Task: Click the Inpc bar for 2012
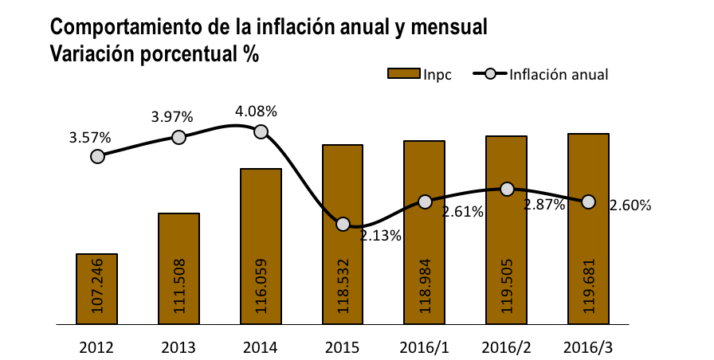tap(96, 289)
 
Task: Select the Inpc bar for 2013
tap(178, 268)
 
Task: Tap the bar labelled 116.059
tap(261, 246)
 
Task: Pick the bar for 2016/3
tap(588, 229)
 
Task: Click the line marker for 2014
tap(261, 132)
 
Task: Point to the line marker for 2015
tap(343, 224)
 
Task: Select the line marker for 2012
tap(97, 156)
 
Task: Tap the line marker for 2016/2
tap(507, 190)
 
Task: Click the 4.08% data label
tap(256, 112)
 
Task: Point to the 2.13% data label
tap(381, 236)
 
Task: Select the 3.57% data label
tap(90, 138)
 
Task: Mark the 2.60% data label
tap(630, 205)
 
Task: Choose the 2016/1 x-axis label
tap(425, 348)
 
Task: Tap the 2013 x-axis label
tap(178, 348)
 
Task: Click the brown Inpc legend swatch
tap(403, 74)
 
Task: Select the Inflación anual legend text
tap(559, 74)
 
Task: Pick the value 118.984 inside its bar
tap(425, 286)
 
